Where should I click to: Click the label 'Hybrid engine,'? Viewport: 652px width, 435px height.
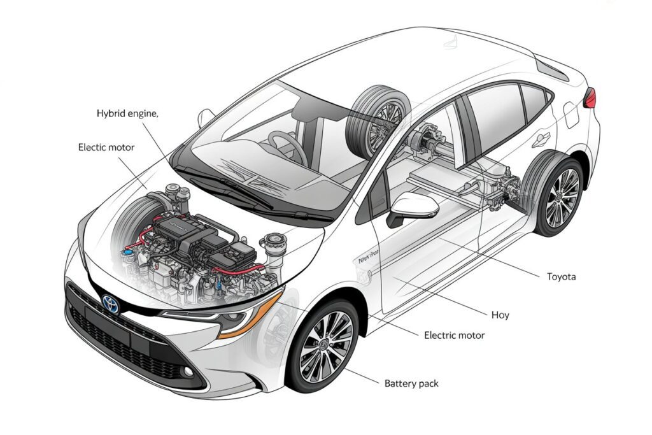point(127,113)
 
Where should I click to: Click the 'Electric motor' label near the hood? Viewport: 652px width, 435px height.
point(106,147)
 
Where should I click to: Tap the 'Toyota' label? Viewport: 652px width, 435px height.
point(562,276)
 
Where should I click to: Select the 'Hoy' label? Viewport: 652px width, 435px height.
point(500,315)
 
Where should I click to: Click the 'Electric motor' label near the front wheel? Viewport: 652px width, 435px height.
point(454,335)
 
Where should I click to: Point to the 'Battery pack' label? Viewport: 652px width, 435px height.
point(411,383)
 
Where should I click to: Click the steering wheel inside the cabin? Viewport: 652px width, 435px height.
point(287,146)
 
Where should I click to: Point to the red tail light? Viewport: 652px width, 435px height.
point(590,97)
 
